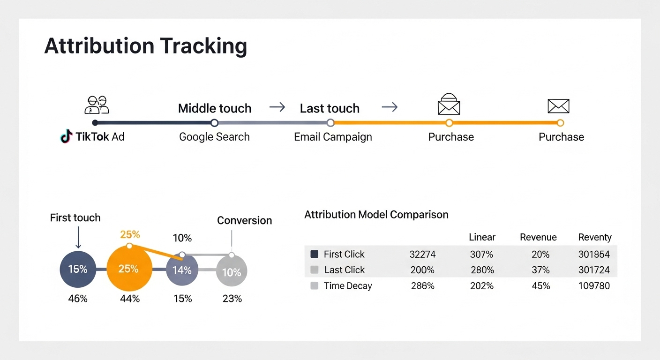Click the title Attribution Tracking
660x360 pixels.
(145, 46)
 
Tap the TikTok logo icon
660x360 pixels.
(66, 137)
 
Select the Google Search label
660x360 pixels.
(214, 137)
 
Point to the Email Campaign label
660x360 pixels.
(333, 137)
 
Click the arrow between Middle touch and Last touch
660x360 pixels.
(277, 107)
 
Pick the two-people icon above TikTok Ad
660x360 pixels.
(97, 105)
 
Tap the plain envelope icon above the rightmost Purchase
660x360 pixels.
(558, 106)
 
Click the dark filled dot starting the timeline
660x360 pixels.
(95, 123)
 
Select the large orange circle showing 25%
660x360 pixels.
(129, 269)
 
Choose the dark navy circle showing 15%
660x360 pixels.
(78, 269)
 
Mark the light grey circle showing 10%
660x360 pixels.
(231, 271)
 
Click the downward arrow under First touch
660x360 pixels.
(78, 238)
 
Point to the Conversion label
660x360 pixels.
(244, 220)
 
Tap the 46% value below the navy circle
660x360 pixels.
(78, 298)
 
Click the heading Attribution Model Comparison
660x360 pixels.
(376, 215)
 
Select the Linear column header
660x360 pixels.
(482, 237)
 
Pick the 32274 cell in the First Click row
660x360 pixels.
(422, 255)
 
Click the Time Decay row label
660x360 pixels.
(347, 286)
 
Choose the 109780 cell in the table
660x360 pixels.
(594, 286)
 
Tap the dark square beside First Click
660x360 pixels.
(314, 254)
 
